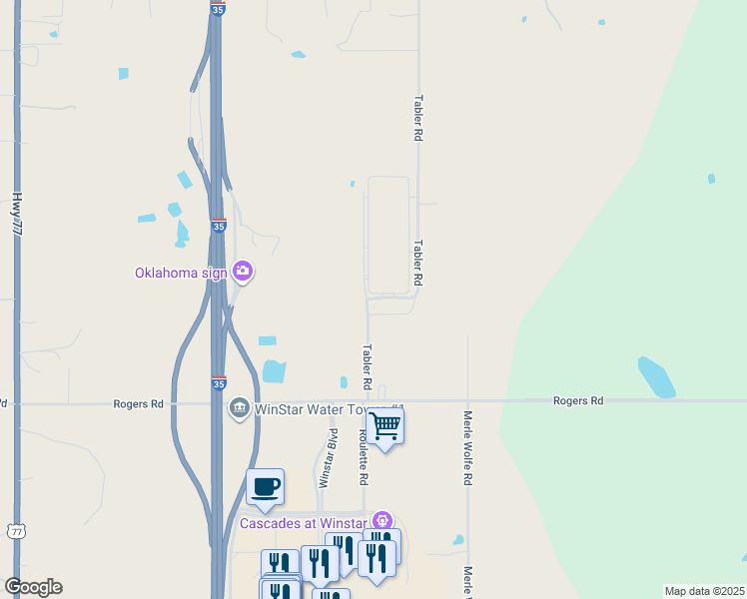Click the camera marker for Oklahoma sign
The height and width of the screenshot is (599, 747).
tap(242, 271)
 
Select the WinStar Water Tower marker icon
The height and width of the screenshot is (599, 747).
tap(239, 408)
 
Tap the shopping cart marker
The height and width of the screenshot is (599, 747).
tap(384, 426)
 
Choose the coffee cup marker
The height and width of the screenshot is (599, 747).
tap(265, 487)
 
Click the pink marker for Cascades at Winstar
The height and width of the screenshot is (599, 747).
tap(380, 521)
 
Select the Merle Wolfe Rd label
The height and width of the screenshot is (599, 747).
tap(466, 447)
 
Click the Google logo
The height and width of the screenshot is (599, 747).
tap(33, 587)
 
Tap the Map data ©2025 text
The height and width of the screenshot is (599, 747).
tap(703, 591)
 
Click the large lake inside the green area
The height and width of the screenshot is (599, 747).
tap(656, 376)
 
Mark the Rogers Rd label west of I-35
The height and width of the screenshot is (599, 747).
tap(138, 404)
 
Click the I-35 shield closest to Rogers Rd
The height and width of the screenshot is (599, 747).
tap(219, 383)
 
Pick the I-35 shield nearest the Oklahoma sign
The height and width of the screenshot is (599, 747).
tap(219, 227)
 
